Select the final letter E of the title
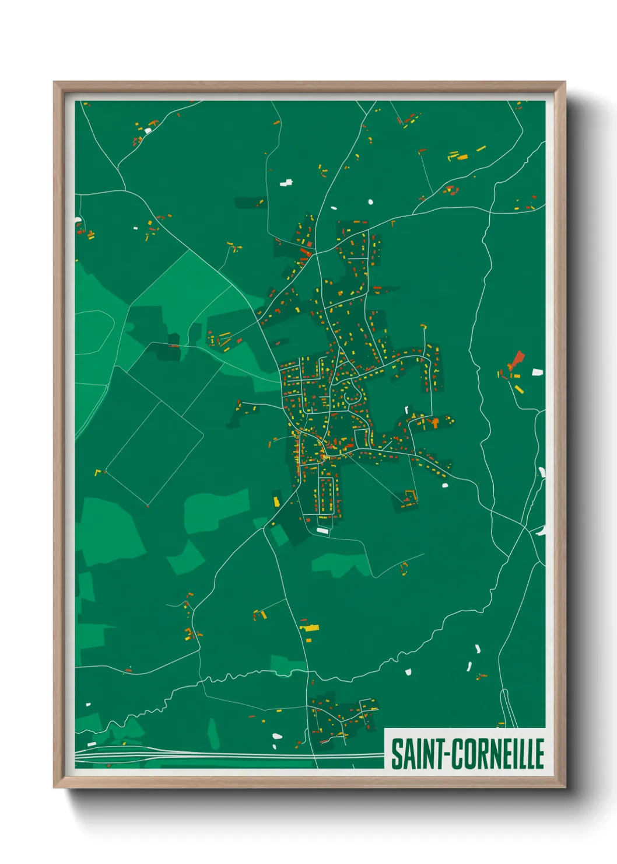point(539,754)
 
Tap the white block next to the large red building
point(537,372)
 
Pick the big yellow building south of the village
point(310,628)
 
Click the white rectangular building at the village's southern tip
point(322,530)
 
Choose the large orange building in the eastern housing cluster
point(434,421)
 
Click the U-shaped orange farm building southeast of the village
point(409,496)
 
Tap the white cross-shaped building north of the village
point(286,183)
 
